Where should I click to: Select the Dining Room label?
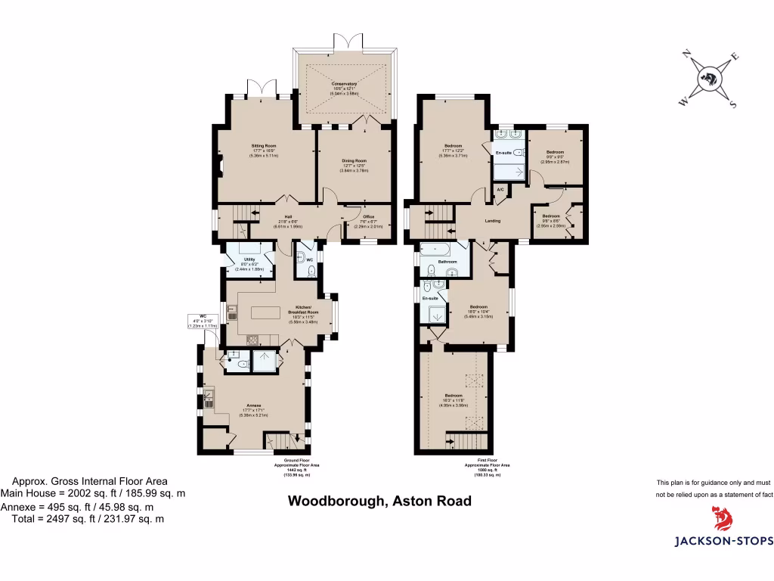pos(354,161)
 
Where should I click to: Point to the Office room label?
pos(368,216)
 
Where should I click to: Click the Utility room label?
pos(249,259)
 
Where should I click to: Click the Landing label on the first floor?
pos(492,221)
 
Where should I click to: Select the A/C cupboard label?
pos(500,188)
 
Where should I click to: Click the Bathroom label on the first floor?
pos(447,263)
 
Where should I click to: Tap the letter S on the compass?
pos(732,104)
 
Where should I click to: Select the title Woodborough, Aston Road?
pos(381,501)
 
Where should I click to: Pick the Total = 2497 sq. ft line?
pos(87,519)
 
